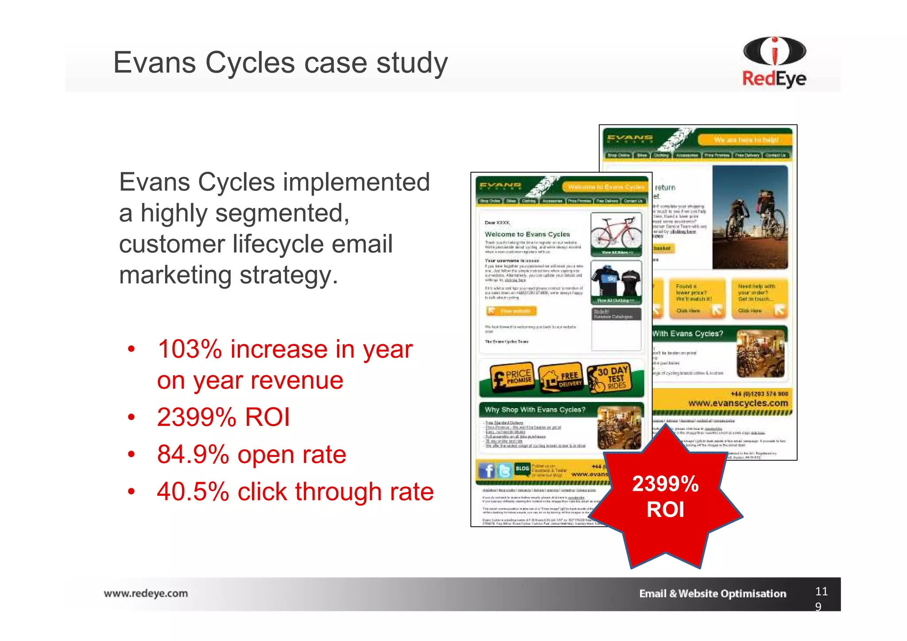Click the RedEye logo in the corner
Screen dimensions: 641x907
point(774,62)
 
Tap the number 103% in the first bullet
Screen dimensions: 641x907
point(190,349)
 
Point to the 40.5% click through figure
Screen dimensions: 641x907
point(193,492)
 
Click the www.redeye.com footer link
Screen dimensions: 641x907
point(146,594)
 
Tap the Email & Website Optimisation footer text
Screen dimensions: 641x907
point(712,594)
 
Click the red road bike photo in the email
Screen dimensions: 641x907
point(616,234)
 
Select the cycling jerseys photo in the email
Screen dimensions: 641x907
point(616,282)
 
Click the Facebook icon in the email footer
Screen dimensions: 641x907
point(487,470)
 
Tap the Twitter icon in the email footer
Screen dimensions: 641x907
point(504,470)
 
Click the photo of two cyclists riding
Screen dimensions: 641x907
point(750,217)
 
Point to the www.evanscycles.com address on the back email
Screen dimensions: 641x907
point(738,403)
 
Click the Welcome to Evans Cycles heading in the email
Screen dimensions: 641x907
point(527,234)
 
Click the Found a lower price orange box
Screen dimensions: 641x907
point(697,298)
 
